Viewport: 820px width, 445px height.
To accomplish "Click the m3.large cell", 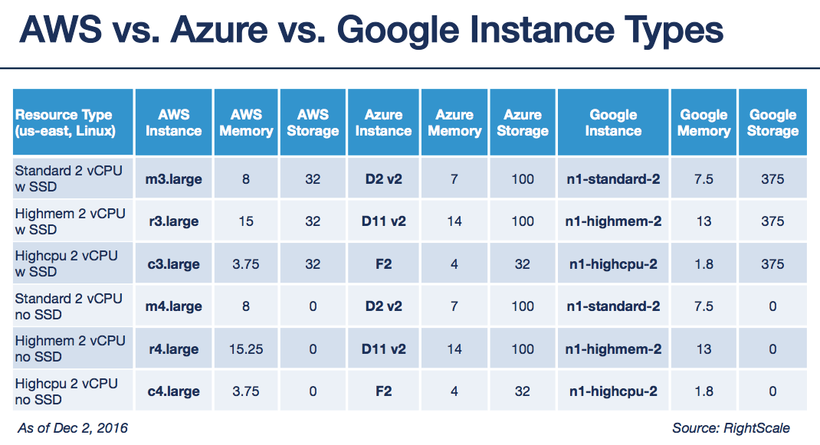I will [174, 179].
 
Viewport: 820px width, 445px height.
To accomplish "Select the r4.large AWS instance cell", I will [174, 349].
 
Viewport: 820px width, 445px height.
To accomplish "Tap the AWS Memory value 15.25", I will [246, 349].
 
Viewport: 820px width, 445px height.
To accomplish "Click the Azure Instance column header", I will [383, 123].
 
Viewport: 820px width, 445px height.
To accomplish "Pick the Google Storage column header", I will [772, 123].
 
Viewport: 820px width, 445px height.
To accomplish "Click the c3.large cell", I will [174, 264].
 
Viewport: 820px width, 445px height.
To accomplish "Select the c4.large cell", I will [174, 391].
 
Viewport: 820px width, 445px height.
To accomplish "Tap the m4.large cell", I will [174, 306].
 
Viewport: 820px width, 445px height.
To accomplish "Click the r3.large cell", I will [174, 221].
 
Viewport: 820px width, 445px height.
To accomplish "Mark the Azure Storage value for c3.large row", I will [523, 264].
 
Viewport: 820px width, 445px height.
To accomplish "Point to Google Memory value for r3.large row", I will [704, 221].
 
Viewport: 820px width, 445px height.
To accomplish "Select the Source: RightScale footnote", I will [730, 428].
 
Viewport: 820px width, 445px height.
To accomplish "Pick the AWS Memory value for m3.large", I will [246, 179].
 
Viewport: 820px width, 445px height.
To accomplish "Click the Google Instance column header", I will [613, 123].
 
